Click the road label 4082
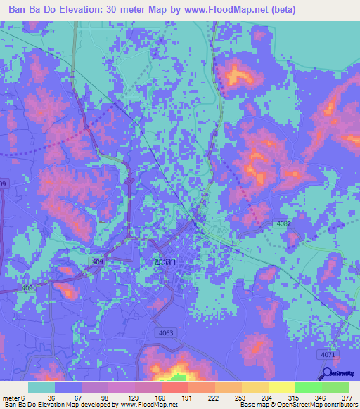point(283,223)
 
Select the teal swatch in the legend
point(41,387)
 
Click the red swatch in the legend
point(175,387)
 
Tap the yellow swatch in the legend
point(281,387)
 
